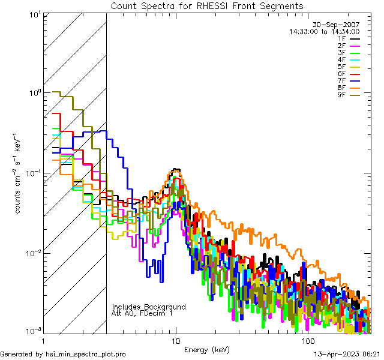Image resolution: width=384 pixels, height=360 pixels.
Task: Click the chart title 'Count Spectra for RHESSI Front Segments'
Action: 207,5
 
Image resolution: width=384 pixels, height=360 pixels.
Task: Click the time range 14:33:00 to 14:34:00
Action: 325,31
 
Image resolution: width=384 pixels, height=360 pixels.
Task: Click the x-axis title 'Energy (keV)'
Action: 206,349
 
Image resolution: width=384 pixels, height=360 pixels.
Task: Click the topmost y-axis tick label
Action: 34,14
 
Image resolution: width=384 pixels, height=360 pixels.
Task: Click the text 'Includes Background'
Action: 149,307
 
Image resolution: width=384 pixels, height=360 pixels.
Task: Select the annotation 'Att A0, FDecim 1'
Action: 142,313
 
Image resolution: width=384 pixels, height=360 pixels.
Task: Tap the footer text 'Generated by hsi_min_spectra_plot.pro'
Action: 64,354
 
